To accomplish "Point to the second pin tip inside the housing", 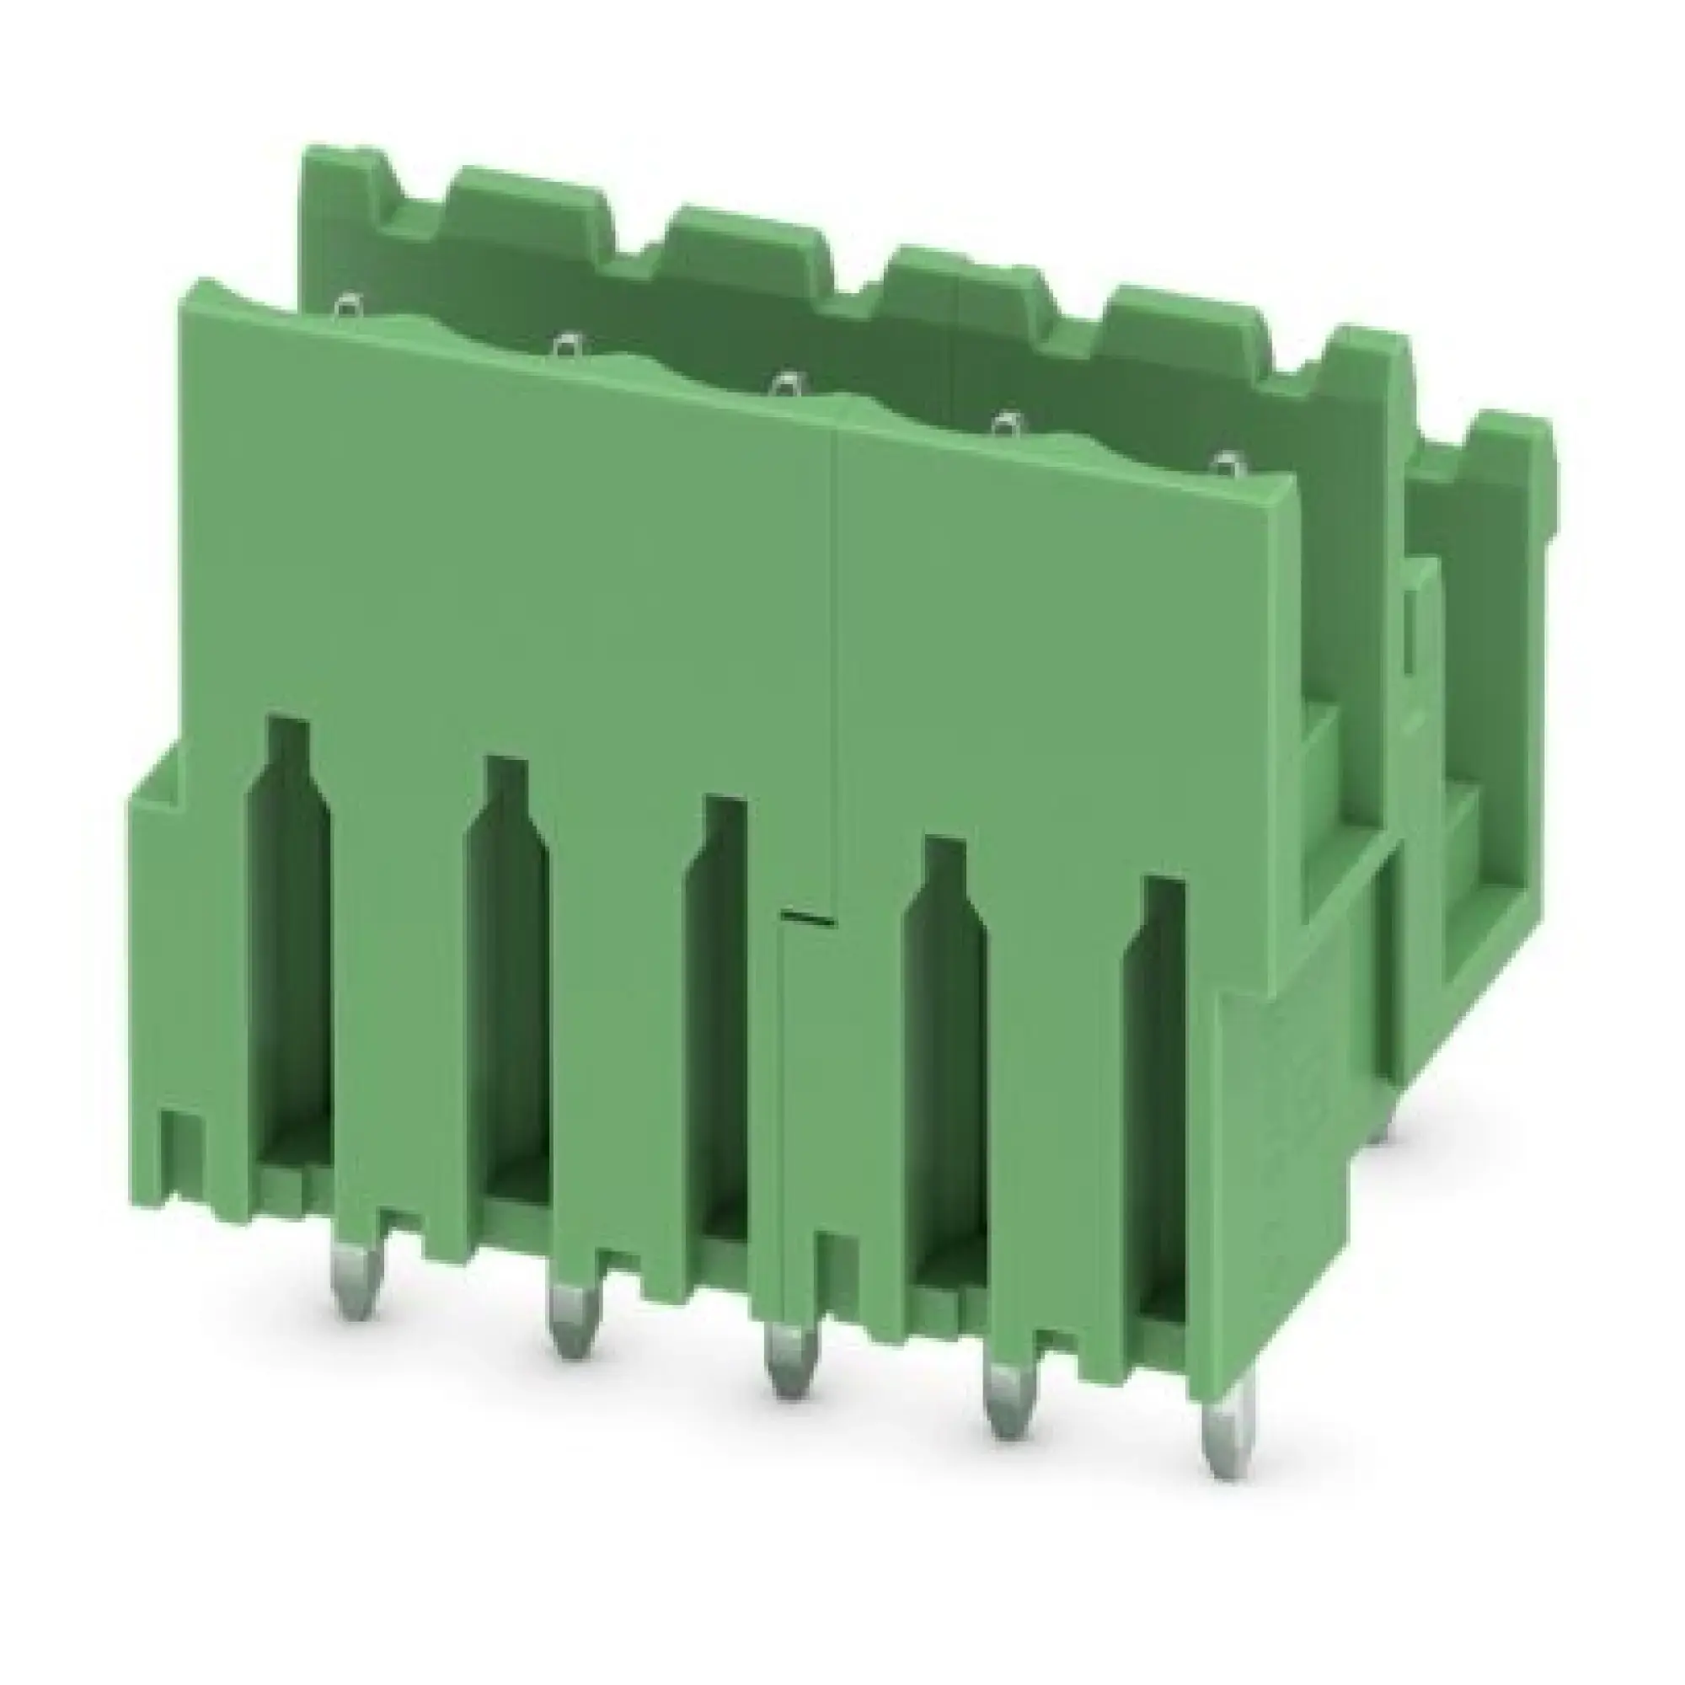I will (x=568, y=345).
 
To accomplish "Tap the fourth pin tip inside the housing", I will (x=1008, y=424).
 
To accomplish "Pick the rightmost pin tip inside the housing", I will (x=1228, y=463).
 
